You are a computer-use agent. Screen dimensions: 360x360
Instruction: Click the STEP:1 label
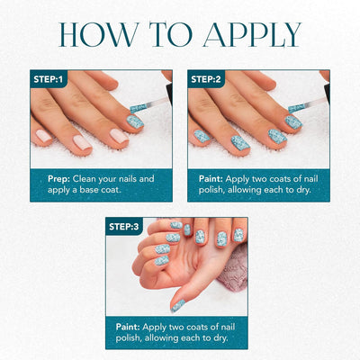(x=49, y=79)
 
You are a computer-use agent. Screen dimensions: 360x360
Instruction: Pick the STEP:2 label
(x=208, y=79)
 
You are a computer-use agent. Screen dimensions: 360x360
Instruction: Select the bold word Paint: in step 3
(x=131, y=325)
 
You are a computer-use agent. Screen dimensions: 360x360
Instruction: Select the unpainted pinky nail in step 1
(x=43, y=136)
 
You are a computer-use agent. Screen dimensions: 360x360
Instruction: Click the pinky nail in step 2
(x=202, y=135)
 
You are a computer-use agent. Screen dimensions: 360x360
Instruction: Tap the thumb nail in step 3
(x=179, y=304)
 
